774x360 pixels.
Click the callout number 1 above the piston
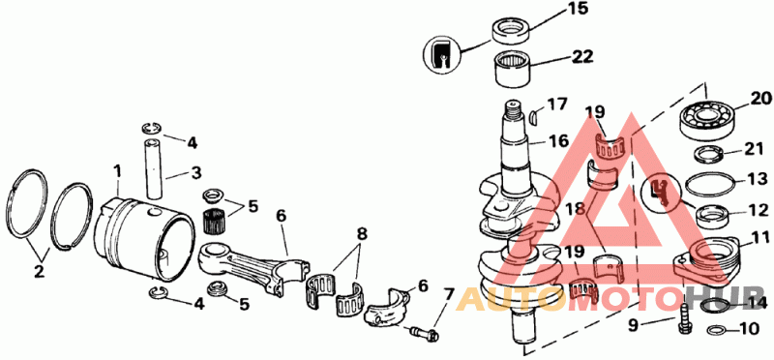117,172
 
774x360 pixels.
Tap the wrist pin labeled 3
154,168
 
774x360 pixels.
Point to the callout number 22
582,57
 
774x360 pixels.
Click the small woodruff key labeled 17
533,117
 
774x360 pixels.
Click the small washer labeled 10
716,329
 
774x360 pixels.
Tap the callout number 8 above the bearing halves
362,234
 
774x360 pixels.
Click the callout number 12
759,211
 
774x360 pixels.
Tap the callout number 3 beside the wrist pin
196,173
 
